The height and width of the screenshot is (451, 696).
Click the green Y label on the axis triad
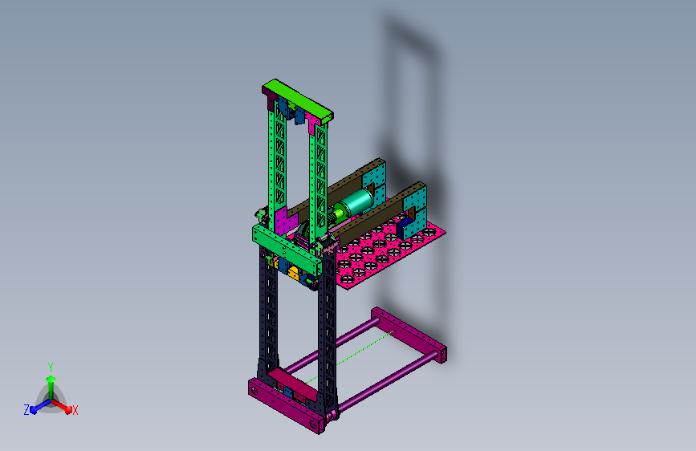51,368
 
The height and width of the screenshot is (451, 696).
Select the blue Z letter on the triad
26,410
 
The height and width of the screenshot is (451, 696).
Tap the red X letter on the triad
75,410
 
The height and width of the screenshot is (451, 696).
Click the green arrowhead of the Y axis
51,379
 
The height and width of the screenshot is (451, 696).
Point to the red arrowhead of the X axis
68,409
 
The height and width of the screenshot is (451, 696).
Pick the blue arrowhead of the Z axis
33,410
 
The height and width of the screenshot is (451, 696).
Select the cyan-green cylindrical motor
355,203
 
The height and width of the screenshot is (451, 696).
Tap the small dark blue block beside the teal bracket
404,228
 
